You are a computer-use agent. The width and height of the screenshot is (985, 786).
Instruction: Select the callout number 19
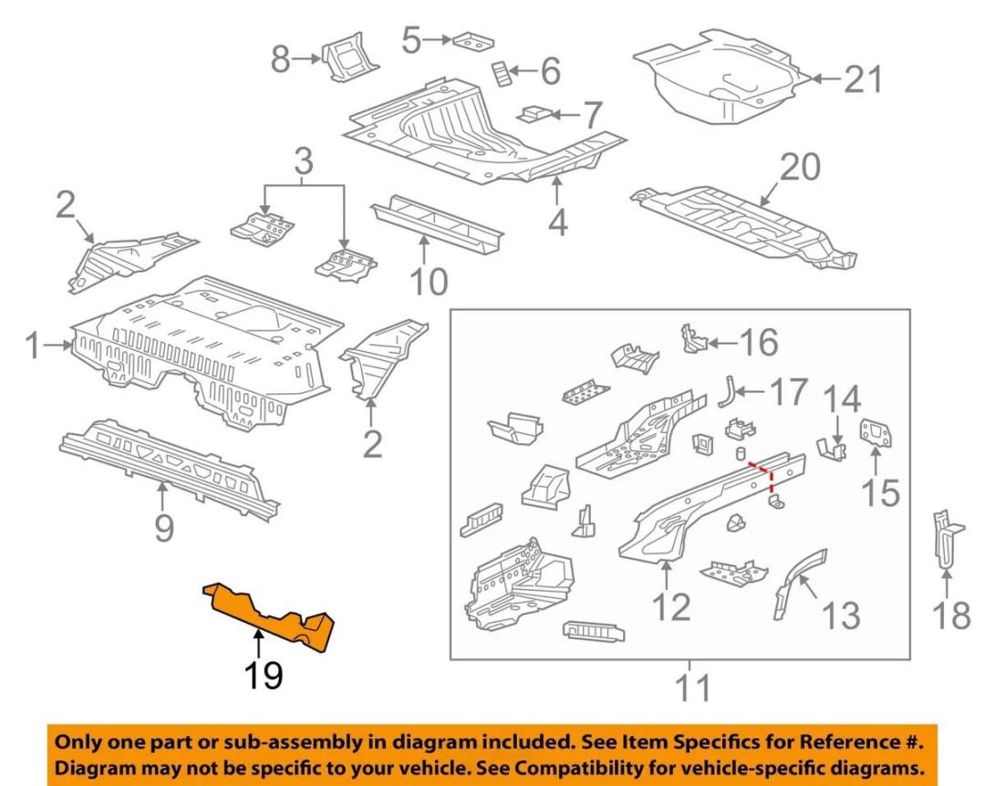(x=262, y=676)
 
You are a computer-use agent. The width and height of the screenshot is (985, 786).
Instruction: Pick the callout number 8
(x=280, y=61)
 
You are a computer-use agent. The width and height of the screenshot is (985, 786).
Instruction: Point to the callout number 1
(x=33, y=346)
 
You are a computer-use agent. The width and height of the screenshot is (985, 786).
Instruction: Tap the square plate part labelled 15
(x=876, y=432)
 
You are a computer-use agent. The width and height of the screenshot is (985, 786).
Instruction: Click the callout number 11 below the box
(x=690, y=685)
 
